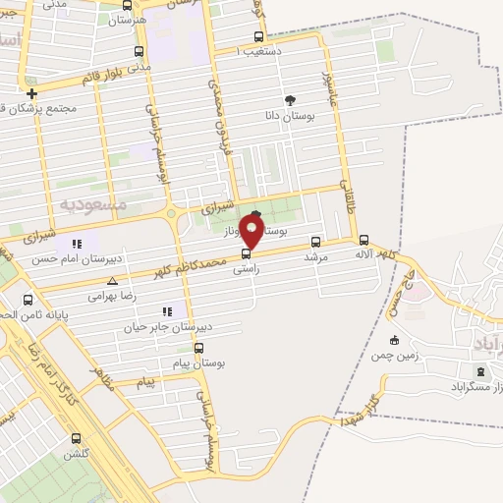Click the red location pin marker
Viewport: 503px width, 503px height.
pos(252,233)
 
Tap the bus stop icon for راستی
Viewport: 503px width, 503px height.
pos(246,253)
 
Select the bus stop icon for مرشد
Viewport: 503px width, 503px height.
pos(315,241)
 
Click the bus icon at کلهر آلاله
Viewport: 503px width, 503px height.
pos(363,240)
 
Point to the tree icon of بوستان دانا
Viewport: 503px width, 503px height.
pos(289,100)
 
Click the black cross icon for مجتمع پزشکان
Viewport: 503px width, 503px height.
pos(32,94)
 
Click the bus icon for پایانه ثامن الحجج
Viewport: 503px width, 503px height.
pos(28,301)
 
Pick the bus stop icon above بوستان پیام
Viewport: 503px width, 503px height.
pos(199,348)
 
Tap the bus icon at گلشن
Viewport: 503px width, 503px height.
pos(77,439)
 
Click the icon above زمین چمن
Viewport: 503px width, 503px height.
pos(395,341)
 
